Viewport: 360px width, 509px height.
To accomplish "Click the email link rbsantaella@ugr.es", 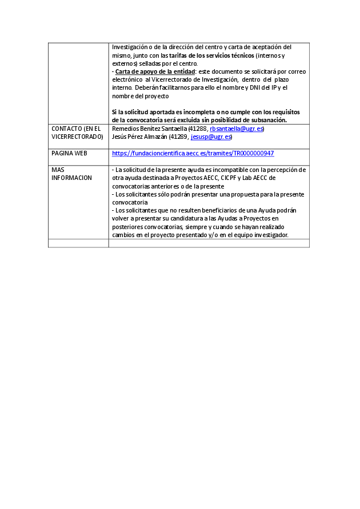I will click(x=237, y=129).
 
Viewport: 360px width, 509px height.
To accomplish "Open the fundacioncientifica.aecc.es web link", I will click(x=193, y=153).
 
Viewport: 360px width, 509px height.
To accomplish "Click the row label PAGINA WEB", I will click(x=69, y=153).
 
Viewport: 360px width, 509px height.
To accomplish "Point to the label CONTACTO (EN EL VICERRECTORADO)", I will click(x=77, y=133).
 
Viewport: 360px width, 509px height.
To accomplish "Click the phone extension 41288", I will click(x=198, y=129).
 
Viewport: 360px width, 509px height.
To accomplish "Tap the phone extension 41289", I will click(x=179, y=137).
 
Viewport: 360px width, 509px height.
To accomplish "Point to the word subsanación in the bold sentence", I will click(x=265, y=120).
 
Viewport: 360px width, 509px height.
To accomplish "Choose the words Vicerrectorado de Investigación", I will click(x=194, y=80).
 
